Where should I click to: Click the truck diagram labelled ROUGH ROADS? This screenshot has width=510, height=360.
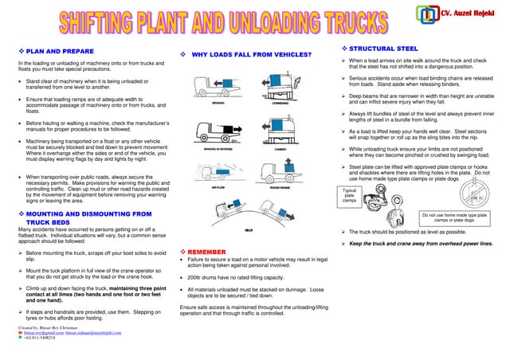tap(280, 172)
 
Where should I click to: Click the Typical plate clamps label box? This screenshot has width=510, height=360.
tap(349, 196)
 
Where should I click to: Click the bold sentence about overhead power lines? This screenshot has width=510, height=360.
tap(422, 243)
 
